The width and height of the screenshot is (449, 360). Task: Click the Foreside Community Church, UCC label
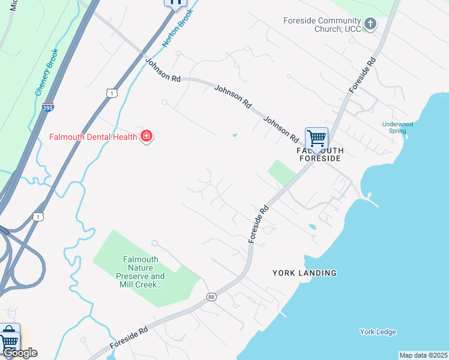[322, 25]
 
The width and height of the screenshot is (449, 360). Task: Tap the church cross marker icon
[370, 24]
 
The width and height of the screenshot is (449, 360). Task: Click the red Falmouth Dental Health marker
[146, 136]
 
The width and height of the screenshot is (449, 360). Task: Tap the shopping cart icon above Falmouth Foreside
[316, 139]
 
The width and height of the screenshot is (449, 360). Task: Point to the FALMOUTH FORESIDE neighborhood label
[319, 154]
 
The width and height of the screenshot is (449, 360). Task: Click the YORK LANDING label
[304, 273]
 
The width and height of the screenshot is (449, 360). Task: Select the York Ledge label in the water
[378, 332]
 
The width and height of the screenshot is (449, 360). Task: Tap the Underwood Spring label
[398, 127]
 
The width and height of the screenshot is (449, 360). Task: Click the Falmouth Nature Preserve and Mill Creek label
[140, 272]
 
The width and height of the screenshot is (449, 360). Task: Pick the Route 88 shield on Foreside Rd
[211, 297]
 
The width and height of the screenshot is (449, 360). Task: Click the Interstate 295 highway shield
[49, 108]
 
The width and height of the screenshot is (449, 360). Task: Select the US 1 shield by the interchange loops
[38, 216]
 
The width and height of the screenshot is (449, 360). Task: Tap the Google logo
[20, 353]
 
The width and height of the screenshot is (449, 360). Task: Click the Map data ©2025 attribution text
[423, 355]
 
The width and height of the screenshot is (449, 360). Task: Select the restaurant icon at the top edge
[175, 3]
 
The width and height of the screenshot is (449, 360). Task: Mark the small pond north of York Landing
[312, 227]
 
